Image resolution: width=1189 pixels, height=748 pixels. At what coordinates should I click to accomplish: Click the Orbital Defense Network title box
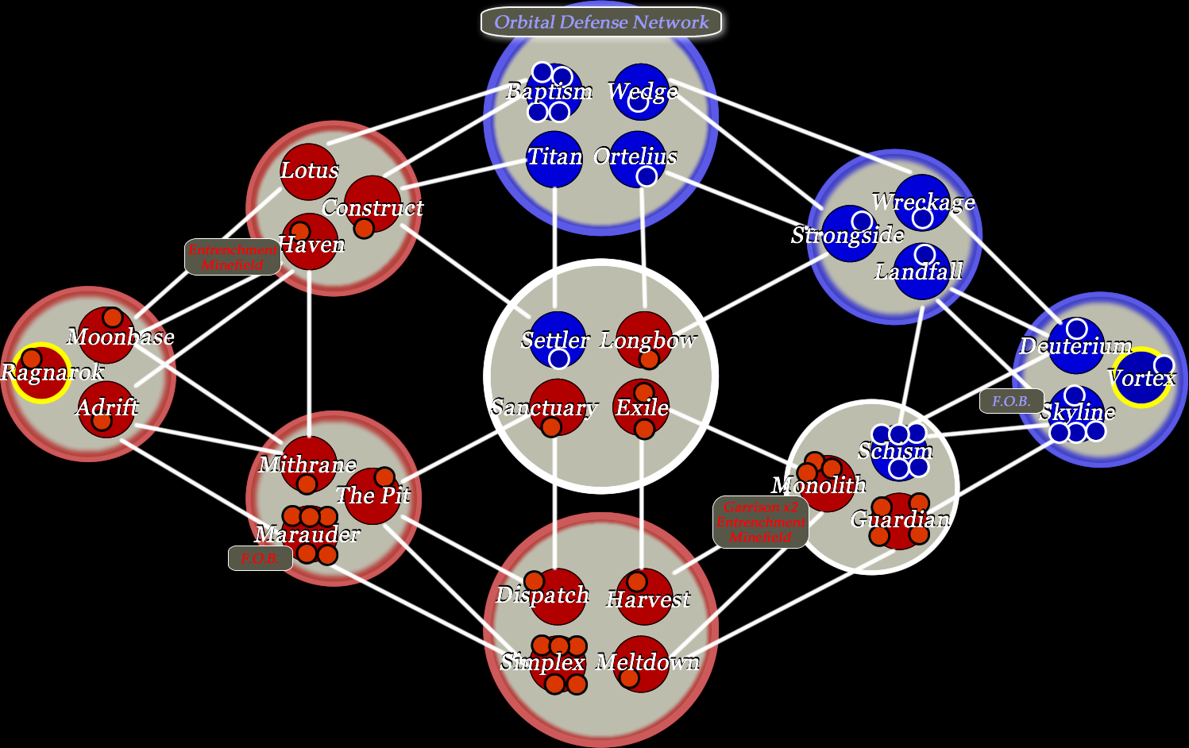(601, 22)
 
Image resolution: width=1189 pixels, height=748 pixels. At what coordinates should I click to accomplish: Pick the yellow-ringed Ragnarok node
(40, 373)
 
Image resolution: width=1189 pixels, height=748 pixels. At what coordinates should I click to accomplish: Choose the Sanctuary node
(558, 407)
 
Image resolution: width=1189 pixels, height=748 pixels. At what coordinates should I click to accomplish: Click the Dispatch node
(558, 596)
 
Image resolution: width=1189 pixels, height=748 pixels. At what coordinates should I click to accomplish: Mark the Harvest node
(645, 596)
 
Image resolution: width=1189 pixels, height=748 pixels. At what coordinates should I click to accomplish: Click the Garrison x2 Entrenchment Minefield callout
(760, 522)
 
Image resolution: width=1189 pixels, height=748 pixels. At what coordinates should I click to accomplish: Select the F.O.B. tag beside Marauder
(260, 558)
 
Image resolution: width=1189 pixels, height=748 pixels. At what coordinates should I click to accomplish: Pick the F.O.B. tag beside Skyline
(1011, 401)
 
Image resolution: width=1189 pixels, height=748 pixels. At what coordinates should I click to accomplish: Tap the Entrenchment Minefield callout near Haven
(232, 257)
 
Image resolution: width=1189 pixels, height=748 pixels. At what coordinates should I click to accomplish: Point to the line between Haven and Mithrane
(309, 349)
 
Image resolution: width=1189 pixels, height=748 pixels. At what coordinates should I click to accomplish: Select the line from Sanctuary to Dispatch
(555, 500)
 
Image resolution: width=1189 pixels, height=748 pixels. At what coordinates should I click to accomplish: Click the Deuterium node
(1076, 345)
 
